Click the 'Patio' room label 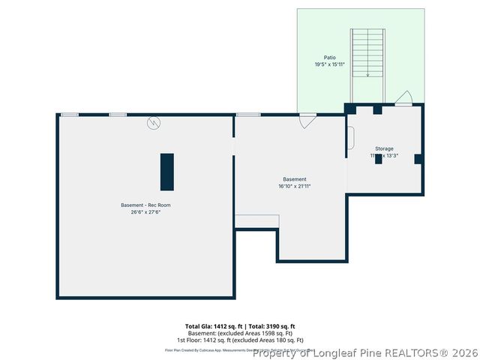tap(330, 58)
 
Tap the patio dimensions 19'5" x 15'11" tap(330, 64)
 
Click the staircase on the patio tap(367, 52)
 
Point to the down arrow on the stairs tap(367, 73)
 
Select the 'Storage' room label tap(384, 148)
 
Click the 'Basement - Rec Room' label tap(145, 205)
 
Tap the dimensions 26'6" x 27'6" tap(145, 212)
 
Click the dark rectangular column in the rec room tap(166, 172)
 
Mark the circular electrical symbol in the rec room tap(154, 122)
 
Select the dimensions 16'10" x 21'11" tap(294, 186)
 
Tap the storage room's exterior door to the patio tap(403, 99)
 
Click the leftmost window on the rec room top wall tap(69, 115)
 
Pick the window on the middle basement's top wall tap(248, 115)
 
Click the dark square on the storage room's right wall tap(418, 158)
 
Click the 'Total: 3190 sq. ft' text tap(271, 326)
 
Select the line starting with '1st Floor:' tap(240, 340)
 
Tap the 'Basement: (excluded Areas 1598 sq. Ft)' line tap(240, 333)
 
